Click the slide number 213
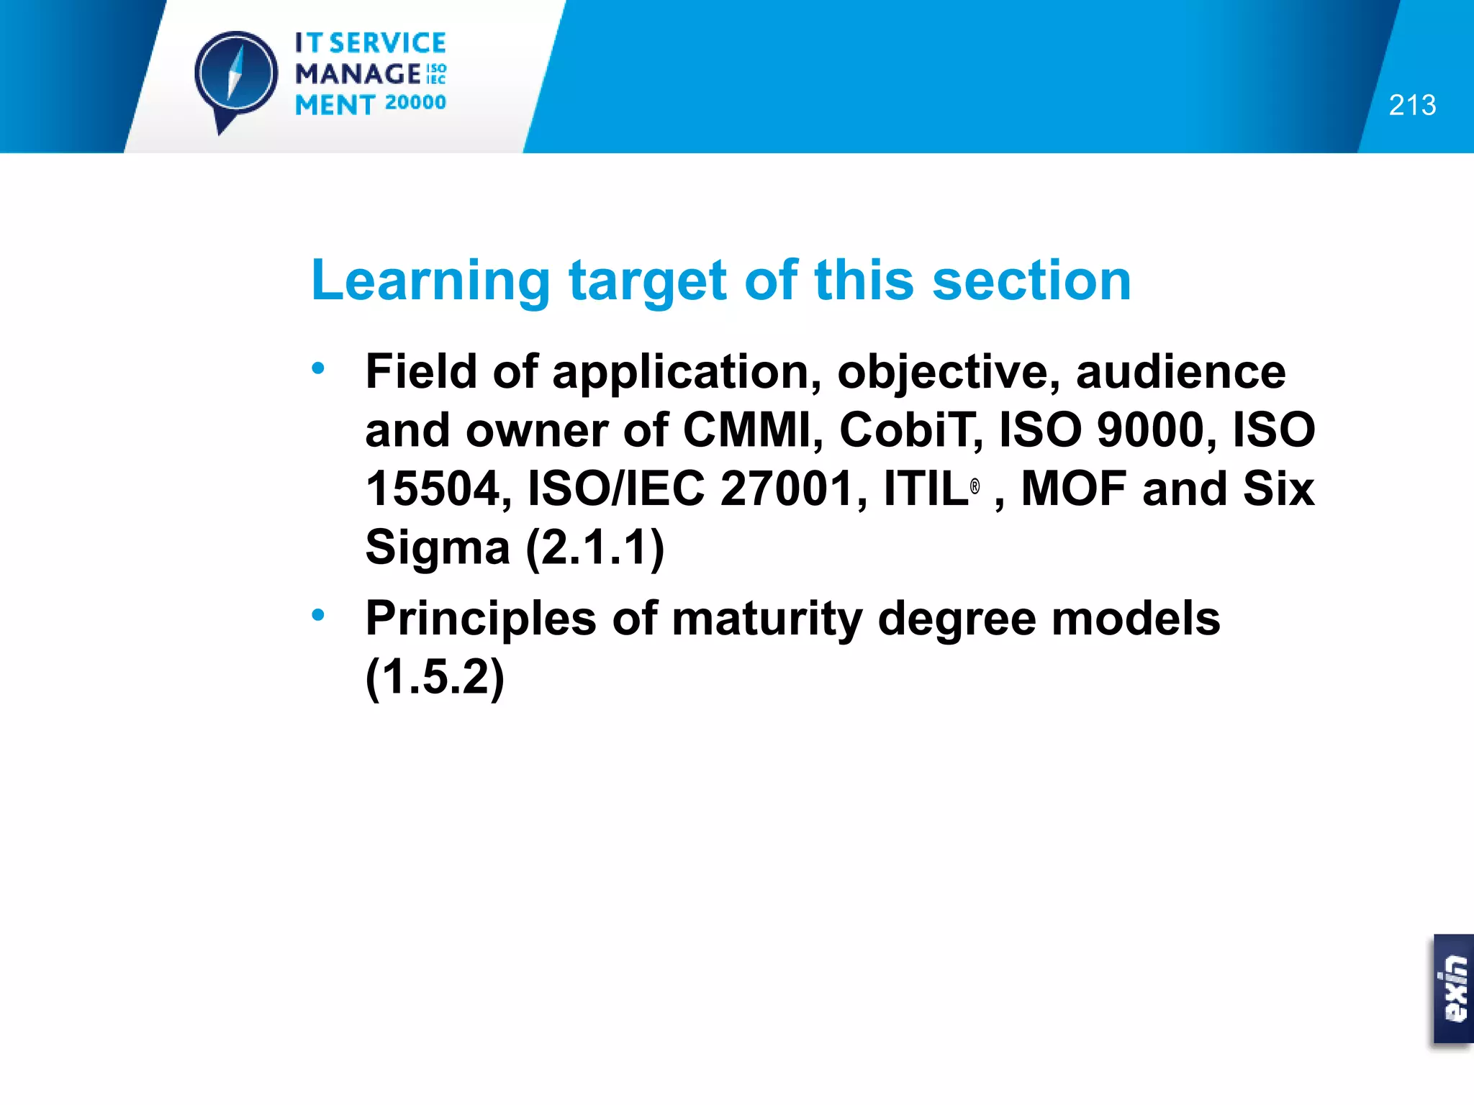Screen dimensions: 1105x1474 pyautogui.click(x=1412, y=105)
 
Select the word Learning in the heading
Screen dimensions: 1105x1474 pyautogui.click(x=430, y=281)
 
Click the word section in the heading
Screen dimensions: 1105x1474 pyautogui.click(x=1031, y=281)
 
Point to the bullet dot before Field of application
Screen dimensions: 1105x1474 pyautogui.click(x=318, y=369)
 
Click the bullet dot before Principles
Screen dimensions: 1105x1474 pyautogui.click(x=318, y=615)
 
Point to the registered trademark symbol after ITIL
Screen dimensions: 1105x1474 pyautogui.click(x=975, y=487)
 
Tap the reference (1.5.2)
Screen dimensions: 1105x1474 pyautogui.click(x=435, y=678)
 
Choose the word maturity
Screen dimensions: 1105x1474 pyautogui.click(x=767, y=619)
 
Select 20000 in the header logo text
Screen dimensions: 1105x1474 pyautogui.click(x=415, y=103)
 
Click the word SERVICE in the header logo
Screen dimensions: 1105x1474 pyautogui.click(x=387, y=43)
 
